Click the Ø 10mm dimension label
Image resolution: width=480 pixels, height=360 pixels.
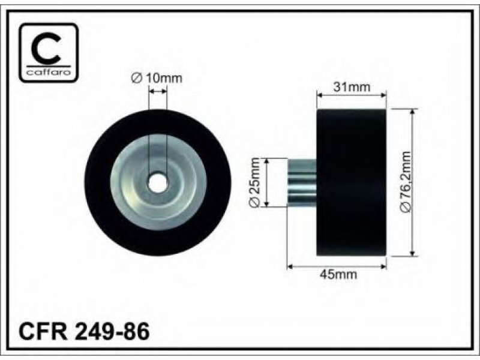click(157, 79)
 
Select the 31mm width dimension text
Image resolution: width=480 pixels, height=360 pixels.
click(352, 87)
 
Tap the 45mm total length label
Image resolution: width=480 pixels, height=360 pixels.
click(338, 274)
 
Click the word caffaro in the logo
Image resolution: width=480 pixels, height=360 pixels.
click(49, 72)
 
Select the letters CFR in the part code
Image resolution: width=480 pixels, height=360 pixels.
click(43, 331)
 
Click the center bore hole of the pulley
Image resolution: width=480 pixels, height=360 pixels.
click(158, 184)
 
